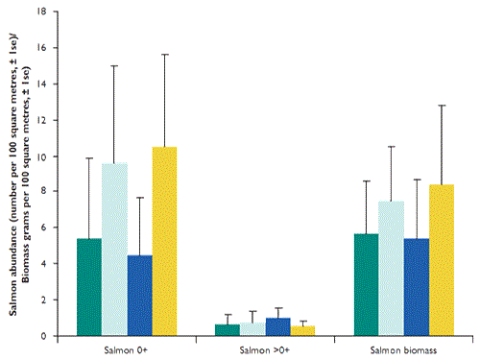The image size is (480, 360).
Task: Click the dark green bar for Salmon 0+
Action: (x=89, y=288)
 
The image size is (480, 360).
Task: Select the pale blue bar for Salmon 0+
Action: (x=114, y=250)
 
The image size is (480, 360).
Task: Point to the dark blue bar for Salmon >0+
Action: (x=278, y=327)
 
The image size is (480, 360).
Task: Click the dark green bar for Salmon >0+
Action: (x=228, y=330)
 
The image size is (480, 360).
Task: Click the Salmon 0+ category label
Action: (x=127, y=348)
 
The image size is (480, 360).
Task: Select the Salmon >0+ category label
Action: (x=265, y=348)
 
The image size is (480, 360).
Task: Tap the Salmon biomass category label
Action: (x=404, y=348)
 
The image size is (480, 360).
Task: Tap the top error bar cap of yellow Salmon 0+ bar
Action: (x=165, y=54)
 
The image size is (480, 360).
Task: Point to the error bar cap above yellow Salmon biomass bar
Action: (x=443, y=106)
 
